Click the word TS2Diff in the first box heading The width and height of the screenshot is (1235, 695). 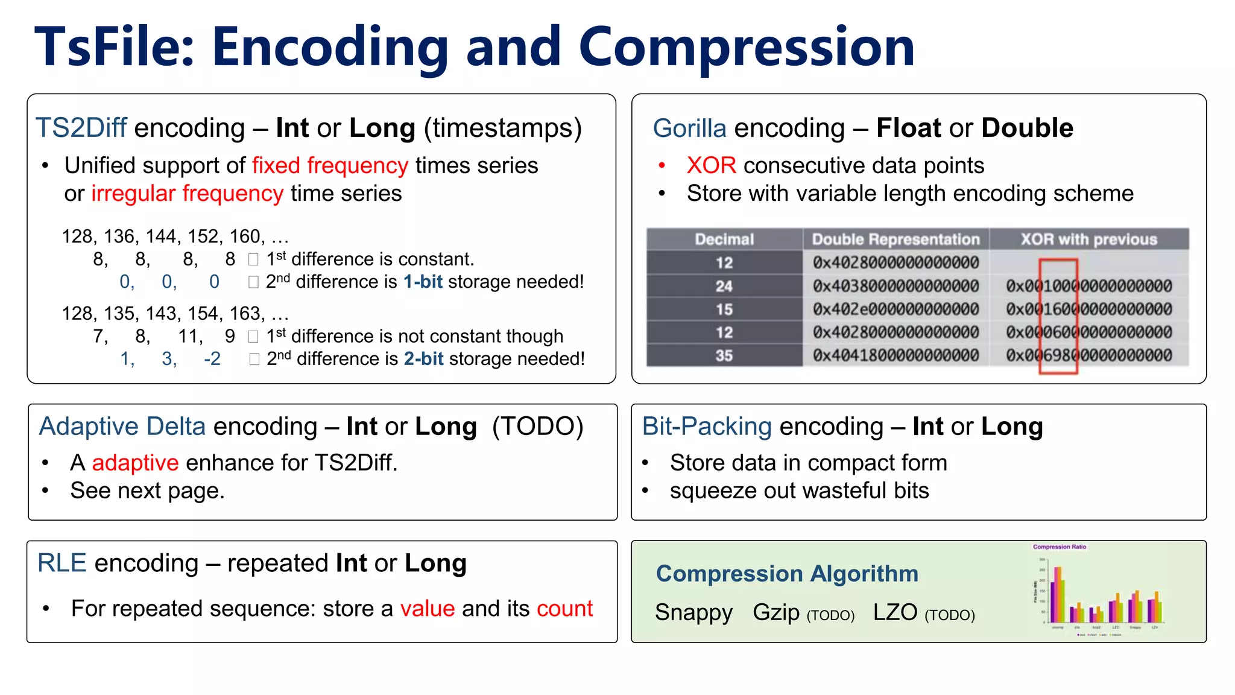[81, 128]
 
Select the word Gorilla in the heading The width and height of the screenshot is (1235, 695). [689, 128]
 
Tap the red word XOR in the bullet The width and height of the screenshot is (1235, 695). [711, 165]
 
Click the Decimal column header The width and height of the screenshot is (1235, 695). [724, 240]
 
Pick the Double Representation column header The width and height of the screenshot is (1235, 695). [895, 240]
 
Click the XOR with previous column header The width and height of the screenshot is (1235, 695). [1088, 240]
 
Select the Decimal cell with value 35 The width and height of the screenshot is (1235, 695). [724, 355]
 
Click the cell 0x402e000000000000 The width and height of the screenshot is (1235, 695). [895, 309]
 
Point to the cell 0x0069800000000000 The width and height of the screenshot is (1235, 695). [1088, 355]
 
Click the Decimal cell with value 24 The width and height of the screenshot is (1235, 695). [724, 286]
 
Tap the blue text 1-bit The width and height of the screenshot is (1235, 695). [423, 282]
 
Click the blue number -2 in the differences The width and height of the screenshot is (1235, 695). [212, 359]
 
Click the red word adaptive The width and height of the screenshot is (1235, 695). [135, 463]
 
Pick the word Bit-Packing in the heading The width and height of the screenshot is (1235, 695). [707, 427]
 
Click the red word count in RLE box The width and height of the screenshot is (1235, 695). [564, 608]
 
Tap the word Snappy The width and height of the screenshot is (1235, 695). [693, 612]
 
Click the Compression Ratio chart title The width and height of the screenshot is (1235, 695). [1059, 547]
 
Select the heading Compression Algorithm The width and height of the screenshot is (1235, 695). [787, 573]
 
